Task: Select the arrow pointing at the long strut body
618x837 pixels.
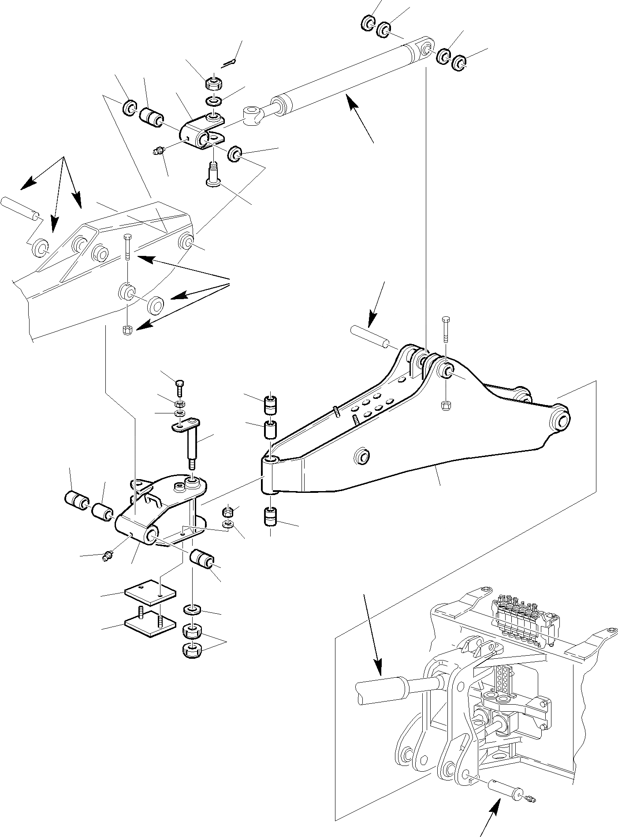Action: coord(358,116)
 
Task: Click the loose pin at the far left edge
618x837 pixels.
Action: coord(21,208)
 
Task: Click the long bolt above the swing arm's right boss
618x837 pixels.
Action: coord(445,330)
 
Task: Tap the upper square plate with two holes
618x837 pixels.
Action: coord(150,591)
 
